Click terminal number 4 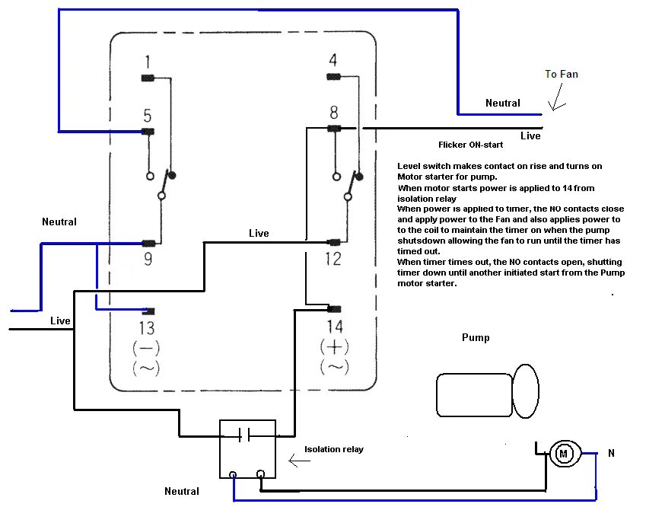[x=333, y=61]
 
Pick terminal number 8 [x=333, y=113]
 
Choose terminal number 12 [x=333, y=260]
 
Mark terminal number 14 [x=334, y=327]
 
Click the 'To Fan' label [x=562, y=74]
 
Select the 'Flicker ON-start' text [x=468, y=144]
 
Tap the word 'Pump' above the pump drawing [x=476, y=337]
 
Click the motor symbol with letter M [x=564, y=454]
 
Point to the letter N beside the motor [x=611, y=454]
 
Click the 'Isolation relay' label [x=333, y=449]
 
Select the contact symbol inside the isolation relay [x=244, y=435]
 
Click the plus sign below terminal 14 [x=334, y=347]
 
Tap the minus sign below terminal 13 [x=146, y=349]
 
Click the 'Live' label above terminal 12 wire [x=259, y=233]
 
